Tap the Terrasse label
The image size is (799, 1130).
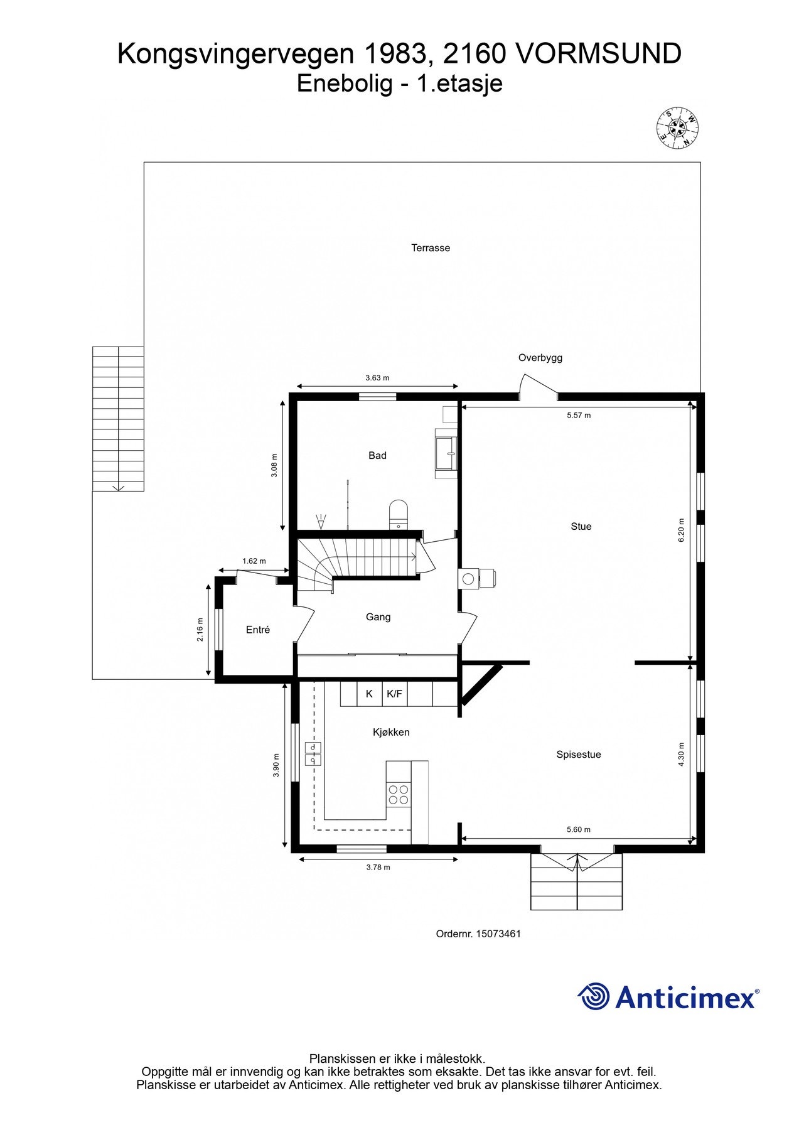coord(431,248)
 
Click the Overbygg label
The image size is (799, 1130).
coord(540,358)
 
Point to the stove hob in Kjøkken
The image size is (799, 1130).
coord(398,794)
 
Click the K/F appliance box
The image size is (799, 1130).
coord(395,694)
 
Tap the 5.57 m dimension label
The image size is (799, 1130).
coord(578,415)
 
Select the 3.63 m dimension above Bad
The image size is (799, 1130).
coord(377,378)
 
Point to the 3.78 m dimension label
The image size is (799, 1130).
coord(378,867)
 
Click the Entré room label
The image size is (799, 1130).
coord(258,630)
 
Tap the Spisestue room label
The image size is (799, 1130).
coord(578,755)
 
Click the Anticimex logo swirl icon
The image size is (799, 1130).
coord(594,996)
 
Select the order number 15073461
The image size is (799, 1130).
coord(498,934)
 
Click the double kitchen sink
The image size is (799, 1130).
coord(313,754)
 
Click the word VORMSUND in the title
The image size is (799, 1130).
coord(598,54)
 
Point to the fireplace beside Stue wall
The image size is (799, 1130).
coord(477,578)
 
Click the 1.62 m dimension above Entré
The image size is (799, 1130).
coord(254,561)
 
